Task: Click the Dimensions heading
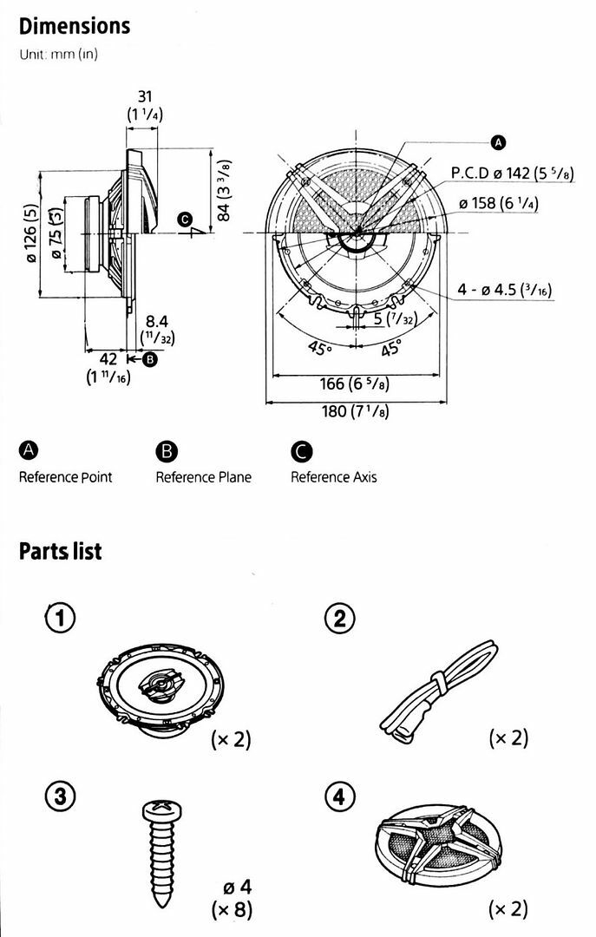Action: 75,26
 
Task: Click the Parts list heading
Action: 61,550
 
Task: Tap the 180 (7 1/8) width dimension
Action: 355,411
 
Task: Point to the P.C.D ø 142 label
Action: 513,173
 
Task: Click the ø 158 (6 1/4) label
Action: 499,203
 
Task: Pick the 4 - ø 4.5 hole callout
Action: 505,290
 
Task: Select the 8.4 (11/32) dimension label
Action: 157,331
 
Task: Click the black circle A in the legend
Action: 28,450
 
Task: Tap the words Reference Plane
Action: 203,477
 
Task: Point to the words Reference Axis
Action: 333,477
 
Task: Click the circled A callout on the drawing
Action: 498,142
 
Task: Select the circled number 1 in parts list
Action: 61,618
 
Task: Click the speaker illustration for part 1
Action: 160,685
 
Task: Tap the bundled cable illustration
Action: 439,691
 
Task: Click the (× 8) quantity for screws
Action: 232,909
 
